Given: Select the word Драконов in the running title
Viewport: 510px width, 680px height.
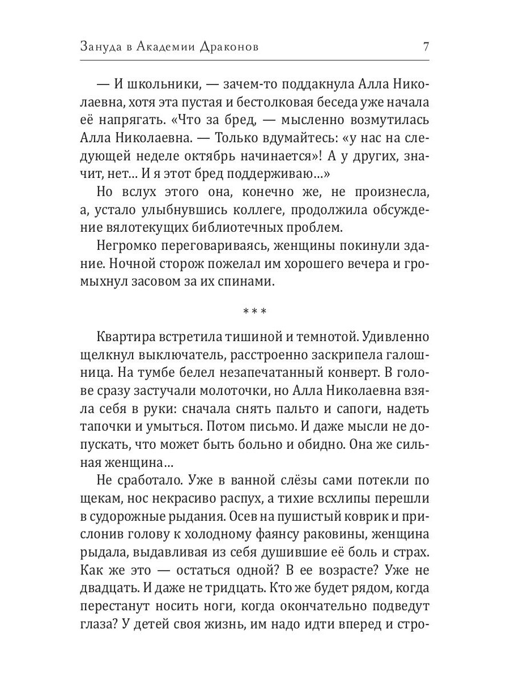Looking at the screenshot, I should [x=230, y=47].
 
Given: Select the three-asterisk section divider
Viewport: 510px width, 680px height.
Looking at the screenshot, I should [x=255, y=312].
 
